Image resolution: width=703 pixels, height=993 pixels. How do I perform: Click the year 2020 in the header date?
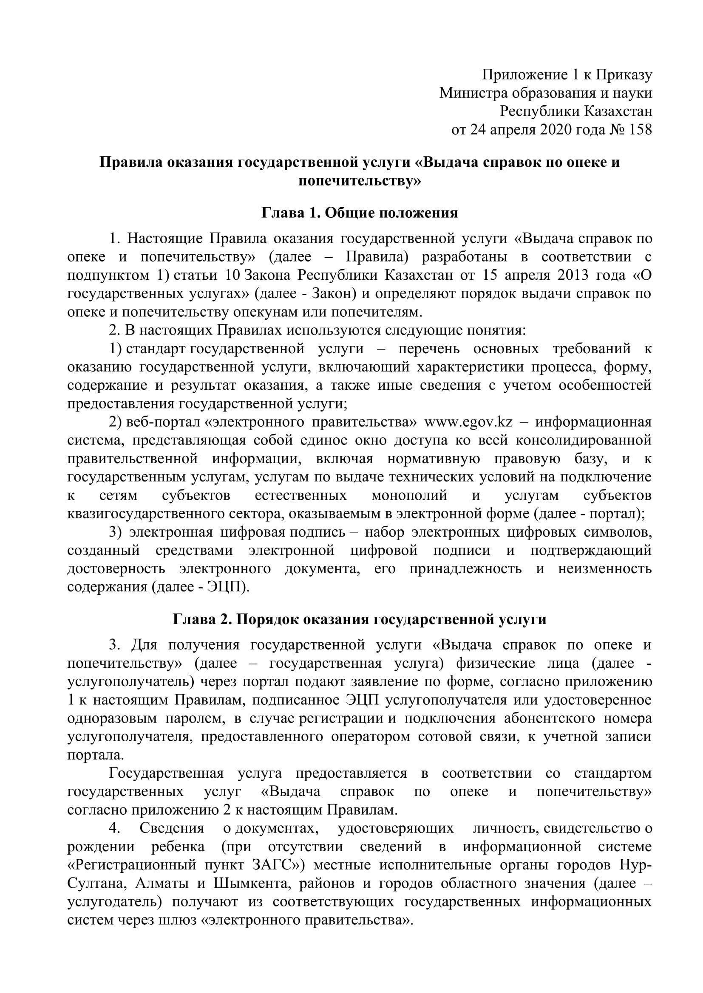pyautogui.click(x=555, y=130)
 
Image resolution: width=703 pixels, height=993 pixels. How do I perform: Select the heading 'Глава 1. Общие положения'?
pyautogui.click(x=360, y=213)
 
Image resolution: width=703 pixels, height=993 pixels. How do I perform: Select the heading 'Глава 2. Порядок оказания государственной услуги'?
pyautogui.click(x=360, y=619)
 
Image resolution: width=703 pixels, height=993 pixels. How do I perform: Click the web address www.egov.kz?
pyautogui.click(x=469, y=422)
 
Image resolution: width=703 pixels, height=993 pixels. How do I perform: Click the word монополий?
pyautogui.click(x=409, y=495)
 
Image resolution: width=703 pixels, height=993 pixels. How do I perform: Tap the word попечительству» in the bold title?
pyautogui.click(x=360, y=181)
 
